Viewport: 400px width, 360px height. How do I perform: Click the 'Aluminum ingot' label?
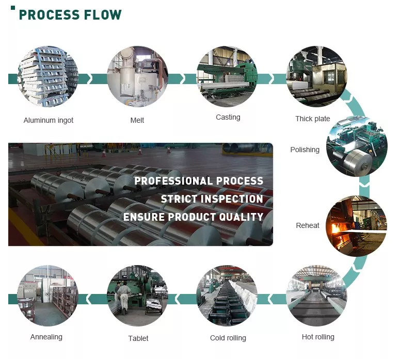click(49, 120)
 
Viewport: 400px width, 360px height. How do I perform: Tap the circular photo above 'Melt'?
click(137, 76)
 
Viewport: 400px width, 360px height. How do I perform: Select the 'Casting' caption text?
click(228, 117)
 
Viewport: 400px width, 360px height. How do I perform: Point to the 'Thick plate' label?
click(312, 119)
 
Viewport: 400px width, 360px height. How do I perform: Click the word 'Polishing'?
click(305, 150)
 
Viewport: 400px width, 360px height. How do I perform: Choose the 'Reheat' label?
click(308, 225)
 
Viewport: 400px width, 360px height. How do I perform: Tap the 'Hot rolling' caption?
click(318, 337)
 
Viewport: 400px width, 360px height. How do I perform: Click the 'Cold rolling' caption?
click(228, 338)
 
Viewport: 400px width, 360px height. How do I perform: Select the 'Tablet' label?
click(138, 338)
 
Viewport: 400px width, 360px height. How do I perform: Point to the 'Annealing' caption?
click(46, 337)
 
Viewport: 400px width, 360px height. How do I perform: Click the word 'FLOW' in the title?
click(103, 15)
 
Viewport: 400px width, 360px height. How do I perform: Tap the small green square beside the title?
click(13, 8)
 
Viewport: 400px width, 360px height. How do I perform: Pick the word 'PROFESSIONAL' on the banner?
click(173, 181)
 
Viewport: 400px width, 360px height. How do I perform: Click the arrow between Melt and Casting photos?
click(182, 78)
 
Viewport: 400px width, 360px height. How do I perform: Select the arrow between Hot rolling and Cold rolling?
click(271, 299)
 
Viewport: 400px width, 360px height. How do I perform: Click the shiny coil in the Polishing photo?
click(358, 159)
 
